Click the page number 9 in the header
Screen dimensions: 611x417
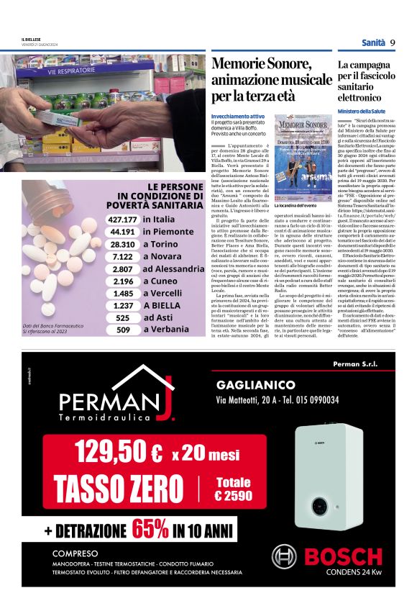coord(393,42)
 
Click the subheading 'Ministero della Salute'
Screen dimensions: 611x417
coord(362,112)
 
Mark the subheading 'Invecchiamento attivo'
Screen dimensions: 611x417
coord(237,116)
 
